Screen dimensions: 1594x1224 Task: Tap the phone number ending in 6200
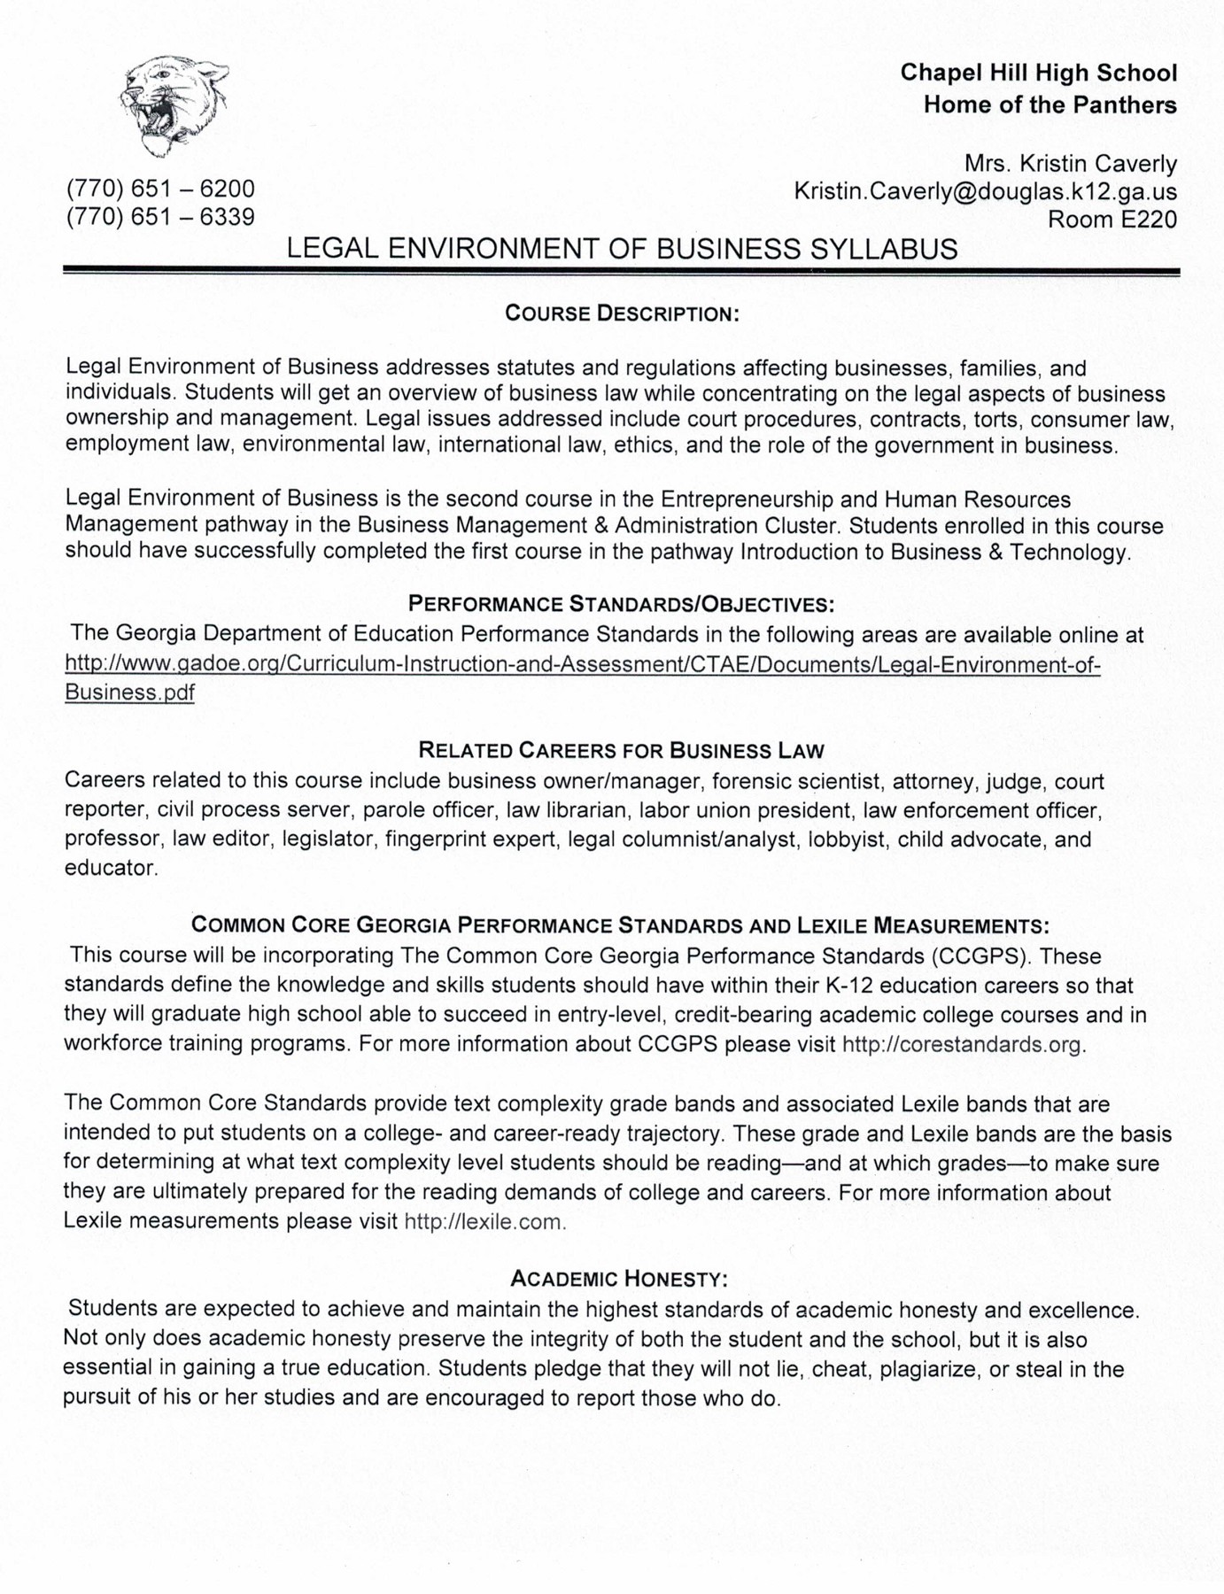(x=160, y=189)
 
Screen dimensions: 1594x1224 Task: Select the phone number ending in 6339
(x=160, y=217)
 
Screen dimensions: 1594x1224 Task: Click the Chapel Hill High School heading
(x=1038, y=73)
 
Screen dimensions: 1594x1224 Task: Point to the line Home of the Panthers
(x=1050, y=105)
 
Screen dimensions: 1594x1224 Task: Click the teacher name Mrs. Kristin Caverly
(x=1070, y=164)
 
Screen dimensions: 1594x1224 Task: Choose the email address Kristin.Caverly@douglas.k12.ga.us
(x=985, y=191)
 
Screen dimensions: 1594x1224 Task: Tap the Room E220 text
(x=1112, y=220)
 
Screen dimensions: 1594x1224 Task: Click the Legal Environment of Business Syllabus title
(x=622, y=249)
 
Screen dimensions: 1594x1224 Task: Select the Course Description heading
(x=622, y=313)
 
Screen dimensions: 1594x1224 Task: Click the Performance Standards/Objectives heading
(x=621, y=604)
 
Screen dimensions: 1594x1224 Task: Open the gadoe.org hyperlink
(x=582, y=664)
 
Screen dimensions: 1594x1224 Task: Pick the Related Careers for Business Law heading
(x=621, y=751)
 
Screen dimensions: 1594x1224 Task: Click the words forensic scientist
(x=796, y=782)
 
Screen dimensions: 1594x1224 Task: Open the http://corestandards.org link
(x=963, y=1044)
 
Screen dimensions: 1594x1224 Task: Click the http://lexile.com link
(x=484, y=1222)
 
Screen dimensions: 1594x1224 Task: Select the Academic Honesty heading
(x=619, y=1279)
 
